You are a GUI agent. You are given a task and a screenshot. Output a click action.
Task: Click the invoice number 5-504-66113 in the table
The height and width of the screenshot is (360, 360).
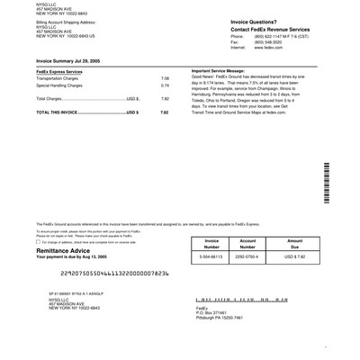(x=212, y=256)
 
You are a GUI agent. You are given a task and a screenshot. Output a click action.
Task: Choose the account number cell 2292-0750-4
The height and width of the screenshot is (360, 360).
(x=247, y=256)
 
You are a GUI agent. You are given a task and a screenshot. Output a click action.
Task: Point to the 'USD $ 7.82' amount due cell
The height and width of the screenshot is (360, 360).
(x=293, y=256)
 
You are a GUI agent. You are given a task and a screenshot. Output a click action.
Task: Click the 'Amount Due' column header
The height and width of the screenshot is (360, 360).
(x=293, y=244)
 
